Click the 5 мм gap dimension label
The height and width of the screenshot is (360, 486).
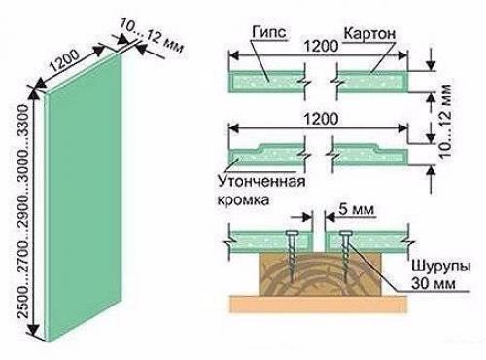[x=346, y=208]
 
